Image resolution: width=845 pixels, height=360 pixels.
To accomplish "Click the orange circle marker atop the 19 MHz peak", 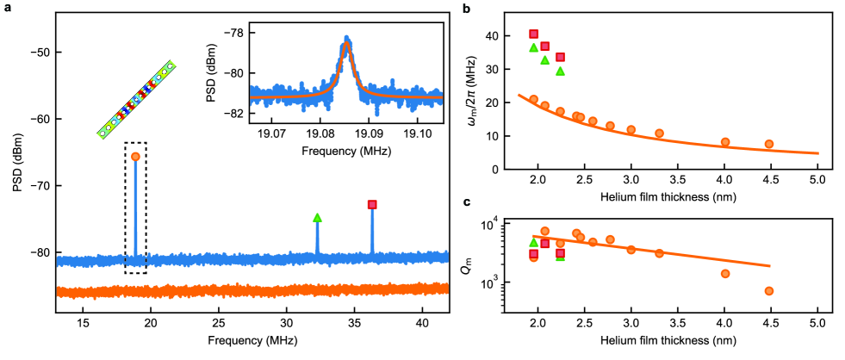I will pos(135,156).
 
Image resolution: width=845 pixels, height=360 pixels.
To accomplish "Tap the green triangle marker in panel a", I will pos(317,218).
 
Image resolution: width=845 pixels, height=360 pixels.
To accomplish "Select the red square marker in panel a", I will pos(372,204).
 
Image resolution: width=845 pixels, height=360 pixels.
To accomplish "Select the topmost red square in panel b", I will pos(533,34).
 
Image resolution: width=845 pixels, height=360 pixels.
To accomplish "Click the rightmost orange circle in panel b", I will pos(769,144).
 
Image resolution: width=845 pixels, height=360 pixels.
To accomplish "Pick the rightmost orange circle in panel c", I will pos(769,291).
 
